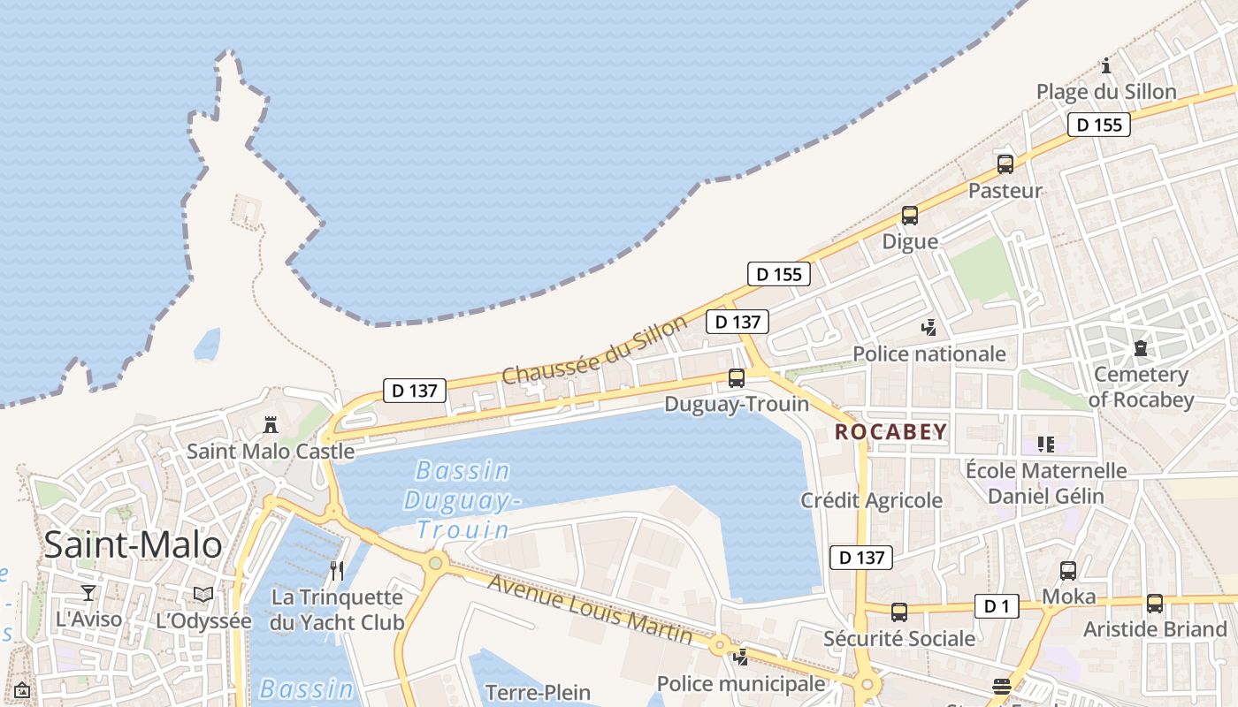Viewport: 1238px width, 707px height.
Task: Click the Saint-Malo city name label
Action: (x=133, y=544)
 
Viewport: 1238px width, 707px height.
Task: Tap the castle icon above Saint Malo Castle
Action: (x=271, y=425)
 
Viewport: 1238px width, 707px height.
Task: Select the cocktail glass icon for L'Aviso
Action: (x=88, y=593)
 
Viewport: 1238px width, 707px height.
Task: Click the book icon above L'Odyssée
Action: (x=203, y=595)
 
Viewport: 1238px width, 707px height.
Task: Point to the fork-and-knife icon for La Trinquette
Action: (x=336, y=570)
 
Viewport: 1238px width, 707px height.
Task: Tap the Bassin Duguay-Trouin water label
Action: (x=462, y=499)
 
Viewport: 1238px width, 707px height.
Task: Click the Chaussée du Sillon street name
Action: (x=593, y=350)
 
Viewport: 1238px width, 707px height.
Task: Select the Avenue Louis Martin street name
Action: (x=590, y=610)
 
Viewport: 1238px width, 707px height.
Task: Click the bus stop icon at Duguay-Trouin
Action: (x=736, y=378)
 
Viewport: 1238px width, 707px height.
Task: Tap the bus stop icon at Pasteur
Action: (x=1005, y=163)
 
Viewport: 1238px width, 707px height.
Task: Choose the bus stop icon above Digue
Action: (x=910, y=215)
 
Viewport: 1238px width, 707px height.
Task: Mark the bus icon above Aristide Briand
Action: (x=1155, y=604)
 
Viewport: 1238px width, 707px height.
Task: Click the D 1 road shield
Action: (x=997, y=606)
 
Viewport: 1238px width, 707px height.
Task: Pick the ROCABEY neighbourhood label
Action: (x=890, y=432)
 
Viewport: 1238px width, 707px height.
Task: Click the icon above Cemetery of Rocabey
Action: (x=1140, y=348)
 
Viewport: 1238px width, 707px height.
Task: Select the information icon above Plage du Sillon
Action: (x=1106, y=65)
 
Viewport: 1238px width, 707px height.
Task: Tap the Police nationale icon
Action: (x=928, y=328)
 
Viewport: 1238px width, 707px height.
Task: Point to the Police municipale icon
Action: (x=741, y=658)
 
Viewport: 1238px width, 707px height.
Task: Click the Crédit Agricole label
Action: (x=872, y=500)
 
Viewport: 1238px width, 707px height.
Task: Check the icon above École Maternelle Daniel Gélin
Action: (x=1046, y=444)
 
